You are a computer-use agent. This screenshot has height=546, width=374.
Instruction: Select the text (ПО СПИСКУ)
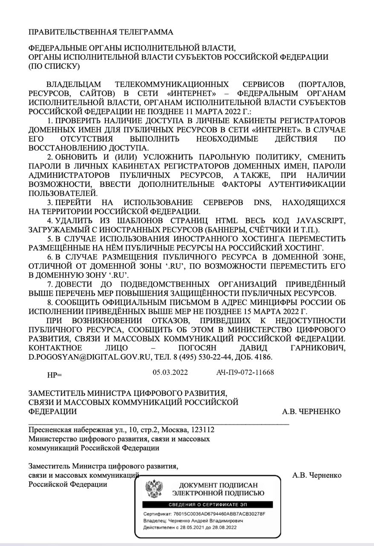point(54,66)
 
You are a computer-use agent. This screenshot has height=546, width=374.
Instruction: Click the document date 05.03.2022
point(170,372)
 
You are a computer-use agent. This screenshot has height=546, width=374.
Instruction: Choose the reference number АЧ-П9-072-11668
point(245,372)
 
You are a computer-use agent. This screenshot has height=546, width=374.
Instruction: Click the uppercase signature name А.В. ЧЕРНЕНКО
point(311,412)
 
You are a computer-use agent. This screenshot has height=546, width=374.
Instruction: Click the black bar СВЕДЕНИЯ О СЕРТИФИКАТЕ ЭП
point(207,505)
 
